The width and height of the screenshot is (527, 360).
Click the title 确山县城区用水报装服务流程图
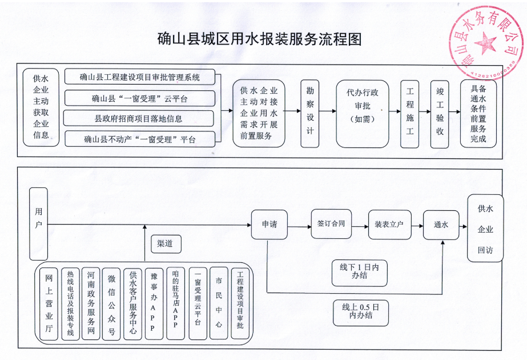click(260, 39)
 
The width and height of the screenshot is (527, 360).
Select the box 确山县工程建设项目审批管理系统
click(139, 77)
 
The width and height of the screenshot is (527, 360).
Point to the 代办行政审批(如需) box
click(363, 113)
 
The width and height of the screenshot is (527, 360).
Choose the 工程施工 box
click(409, 113)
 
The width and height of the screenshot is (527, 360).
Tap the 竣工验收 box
click(440, 113)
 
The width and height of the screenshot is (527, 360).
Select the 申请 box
click(269, 225)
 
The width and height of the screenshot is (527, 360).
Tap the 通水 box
click(441, 225)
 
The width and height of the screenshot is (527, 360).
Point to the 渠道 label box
click(165, 243)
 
